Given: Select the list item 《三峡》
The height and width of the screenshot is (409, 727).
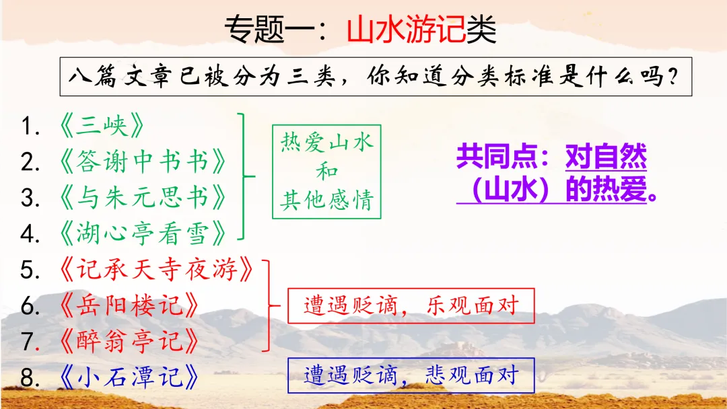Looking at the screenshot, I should coord(102,126).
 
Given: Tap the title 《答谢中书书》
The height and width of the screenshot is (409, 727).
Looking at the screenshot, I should coord(142,162).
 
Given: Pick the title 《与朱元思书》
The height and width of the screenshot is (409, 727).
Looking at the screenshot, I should coord(142,198).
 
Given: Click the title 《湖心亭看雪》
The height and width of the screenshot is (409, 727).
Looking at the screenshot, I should coord(142,234).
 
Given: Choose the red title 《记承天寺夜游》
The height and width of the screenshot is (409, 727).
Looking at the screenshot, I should coord(156,270).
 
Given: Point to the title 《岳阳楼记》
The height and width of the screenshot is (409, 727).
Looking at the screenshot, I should coord(129,306).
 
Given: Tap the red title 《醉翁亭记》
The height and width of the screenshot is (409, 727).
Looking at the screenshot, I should coord(129,341).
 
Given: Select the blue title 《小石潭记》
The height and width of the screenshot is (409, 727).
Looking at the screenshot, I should coord(129,377).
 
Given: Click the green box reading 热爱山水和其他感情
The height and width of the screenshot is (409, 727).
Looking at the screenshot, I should coord(326,172).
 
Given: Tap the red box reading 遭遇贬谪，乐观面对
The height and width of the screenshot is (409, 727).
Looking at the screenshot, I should coord(411,307).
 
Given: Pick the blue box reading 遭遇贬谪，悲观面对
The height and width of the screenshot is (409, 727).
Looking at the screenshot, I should coord(411,375).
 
